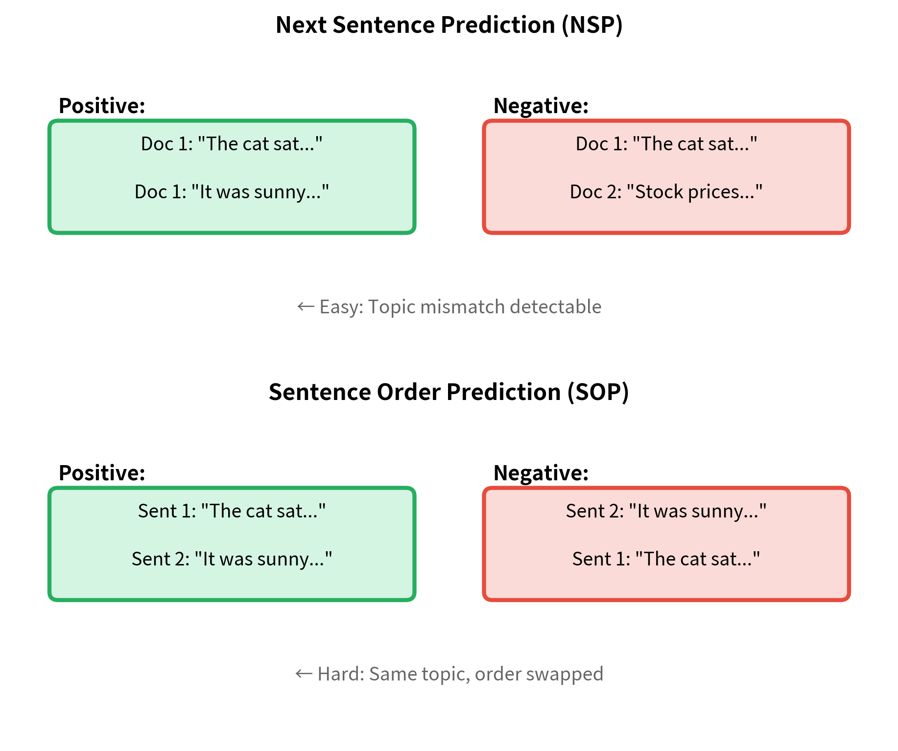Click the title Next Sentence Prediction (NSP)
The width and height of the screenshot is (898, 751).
[x=449, y=25]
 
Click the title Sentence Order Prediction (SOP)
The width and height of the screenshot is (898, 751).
[x=449, y=392]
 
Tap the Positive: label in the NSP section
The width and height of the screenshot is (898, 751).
[x=102, y=106]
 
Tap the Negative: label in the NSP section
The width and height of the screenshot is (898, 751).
[x=541, y=106]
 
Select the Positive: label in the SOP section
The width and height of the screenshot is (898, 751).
[x=102, y=473]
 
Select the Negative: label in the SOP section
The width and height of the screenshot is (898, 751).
[x=541, y=473]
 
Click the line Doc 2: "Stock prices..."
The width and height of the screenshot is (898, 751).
[x=666, y=192]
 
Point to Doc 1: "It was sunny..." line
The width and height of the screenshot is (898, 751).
[x=232, y=192]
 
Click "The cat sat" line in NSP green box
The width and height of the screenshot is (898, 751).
[x=232, y=144]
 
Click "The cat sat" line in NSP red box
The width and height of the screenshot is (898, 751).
[x=666, y=144]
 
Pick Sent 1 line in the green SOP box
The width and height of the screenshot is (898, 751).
[x=232, y=511]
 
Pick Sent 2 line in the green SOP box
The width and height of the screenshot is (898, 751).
[x=232, y=559]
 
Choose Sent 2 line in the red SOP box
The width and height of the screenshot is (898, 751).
[x=666, y=511]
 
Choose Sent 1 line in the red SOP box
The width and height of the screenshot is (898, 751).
[x=666, y=559]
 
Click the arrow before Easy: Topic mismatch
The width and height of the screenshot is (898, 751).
[x=306, y=307]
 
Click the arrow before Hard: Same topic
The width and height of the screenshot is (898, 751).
[x=304, y=674]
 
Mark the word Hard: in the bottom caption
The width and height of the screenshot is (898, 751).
[x=341, y=674]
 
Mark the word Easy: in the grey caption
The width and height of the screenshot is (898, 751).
[x=341, y=307]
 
